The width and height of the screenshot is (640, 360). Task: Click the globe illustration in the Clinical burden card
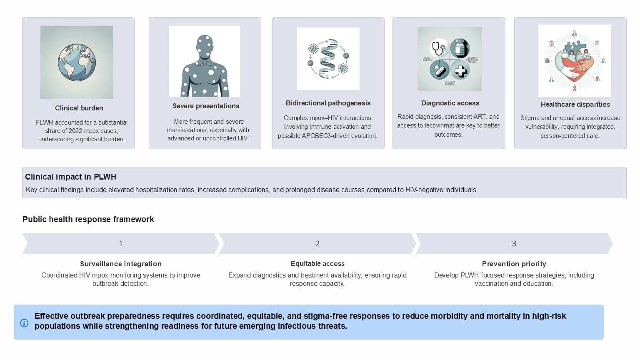(x=77, y=62)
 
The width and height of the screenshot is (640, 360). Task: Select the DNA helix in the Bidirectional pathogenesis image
(x=328, y=59)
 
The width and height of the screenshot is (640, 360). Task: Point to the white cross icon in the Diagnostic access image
(x=460, y=70)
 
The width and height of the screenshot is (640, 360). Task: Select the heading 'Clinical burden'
(x=79, y=108)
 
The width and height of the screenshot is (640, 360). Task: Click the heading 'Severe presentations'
(x=206, y=106)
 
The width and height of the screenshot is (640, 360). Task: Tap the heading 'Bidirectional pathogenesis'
(x=328, y=103)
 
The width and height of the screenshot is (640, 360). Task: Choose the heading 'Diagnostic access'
(x=450, y=103)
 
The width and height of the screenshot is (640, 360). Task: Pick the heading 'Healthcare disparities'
(x=575, y=104)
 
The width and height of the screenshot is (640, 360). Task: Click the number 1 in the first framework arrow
(x=120, y=244)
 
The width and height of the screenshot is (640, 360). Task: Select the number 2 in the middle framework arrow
(x=317, y=244)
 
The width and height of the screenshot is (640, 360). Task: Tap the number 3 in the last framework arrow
(x=514, y=244)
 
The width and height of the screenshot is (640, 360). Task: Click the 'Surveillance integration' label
(x=121, y=264)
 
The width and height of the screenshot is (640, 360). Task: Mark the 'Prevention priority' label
(x=514, y=264)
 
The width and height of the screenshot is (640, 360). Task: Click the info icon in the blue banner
(x=24, y=323)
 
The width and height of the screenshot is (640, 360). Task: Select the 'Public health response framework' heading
(x=88, y=219)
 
